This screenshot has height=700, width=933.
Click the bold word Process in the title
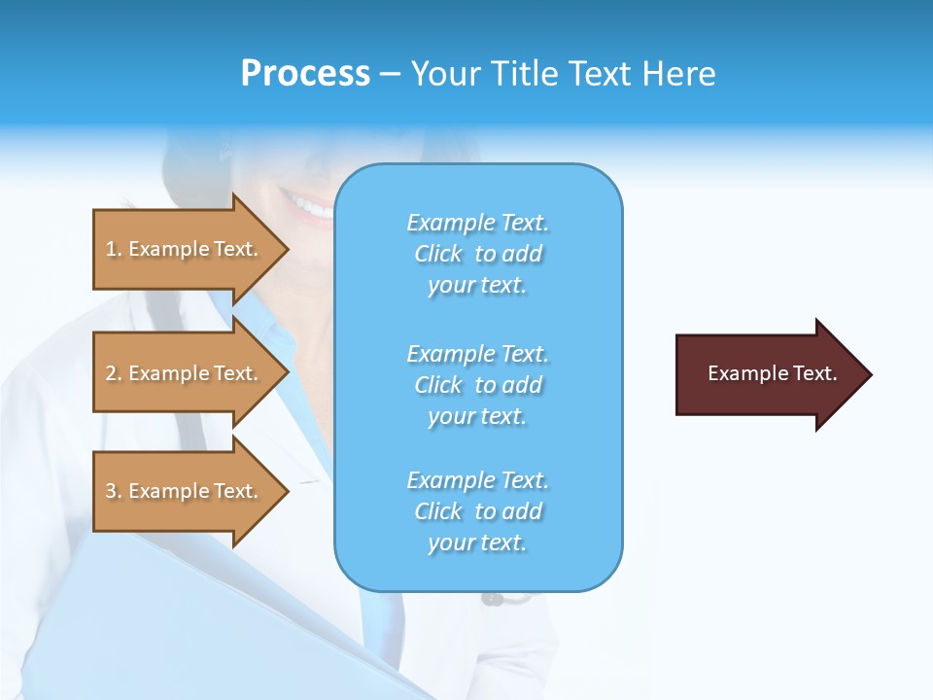(x=305, y=74)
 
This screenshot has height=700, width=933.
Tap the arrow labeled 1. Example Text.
(x=185, y=249)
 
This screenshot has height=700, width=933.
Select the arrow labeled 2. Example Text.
(x=185, y=373)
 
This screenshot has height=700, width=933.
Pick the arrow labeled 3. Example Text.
(x=185, y=491)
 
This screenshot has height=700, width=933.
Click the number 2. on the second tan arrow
(x=113, y=373)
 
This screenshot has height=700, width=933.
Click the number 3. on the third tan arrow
(x=113, y=491)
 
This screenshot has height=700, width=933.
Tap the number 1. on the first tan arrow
(x=113, y=249)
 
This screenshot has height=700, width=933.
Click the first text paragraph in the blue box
(x=477, y=254)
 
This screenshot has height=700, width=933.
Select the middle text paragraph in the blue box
(x=477, y=385)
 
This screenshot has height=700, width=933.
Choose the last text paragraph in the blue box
(x=477, y=511)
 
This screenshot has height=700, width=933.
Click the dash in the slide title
(x=390, y=74)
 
